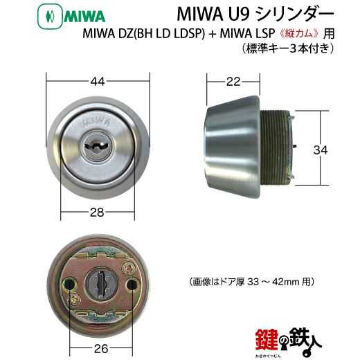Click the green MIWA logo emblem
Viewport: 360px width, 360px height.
tap(50, 17)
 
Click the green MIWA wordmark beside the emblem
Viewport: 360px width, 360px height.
tap(84, 17)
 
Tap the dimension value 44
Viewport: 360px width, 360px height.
tap(98, 82)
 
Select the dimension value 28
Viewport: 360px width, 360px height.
tap(97, 213)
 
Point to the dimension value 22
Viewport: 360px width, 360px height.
tap(233, 82)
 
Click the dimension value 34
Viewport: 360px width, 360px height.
tap(321, 150)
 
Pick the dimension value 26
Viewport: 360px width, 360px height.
tap(101, 348)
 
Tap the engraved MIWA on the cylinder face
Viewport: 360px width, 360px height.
tap(96, 123)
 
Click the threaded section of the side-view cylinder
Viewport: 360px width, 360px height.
tap(275, 147)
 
